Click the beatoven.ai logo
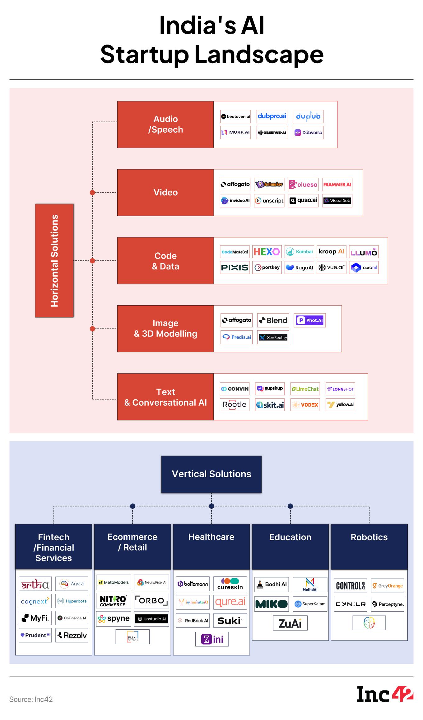click(235, 117)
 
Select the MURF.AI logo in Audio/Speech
click(235, 132)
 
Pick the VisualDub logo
click(337, 201)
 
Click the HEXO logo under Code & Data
click(267, 252)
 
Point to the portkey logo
click(267, 268)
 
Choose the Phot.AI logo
click(309, 320)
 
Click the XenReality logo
click(273, 337)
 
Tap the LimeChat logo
click(305, 389)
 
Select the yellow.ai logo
click(340, 405)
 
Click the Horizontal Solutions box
click(54, 260)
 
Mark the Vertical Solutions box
click(211, 474)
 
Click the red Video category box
click(165, 193)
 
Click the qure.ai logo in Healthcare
click(230, 602)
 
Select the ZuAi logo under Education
click(290, 623)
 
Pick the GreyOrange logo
click(388, 586)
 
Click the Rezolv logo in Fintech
click(72, 635)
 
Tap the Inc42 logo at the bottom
click(385, 694)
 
